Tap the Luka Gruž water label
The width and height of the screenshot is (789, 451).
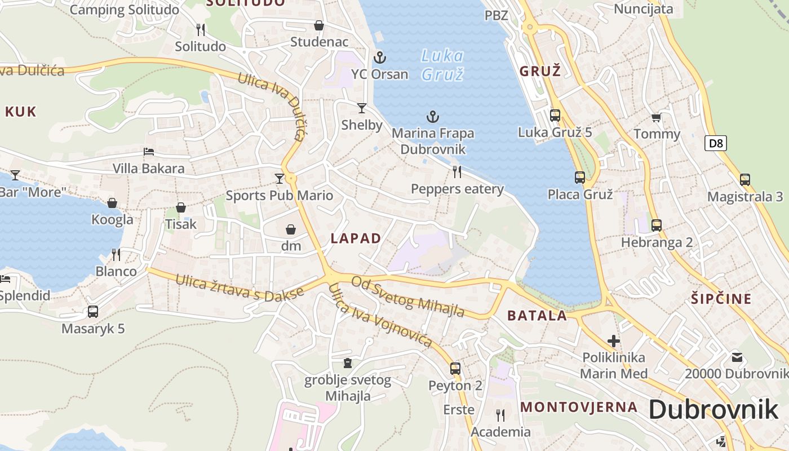tap(442, 65)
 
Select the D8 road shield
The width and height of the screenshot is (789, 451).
tap(715, 143)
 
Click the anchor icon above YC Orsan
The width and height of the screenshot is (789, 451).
tap(380, 57)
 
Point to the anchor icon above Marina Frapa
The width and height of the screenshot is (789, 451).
tap(433, 117)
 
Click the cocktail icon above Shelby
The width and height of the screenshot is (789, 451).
tap(362, 108)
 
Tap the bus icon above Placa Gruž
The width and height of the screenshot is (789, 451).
tap(580, 178)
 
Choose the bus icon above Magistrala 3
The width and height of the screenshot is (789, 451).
tap(745, 180)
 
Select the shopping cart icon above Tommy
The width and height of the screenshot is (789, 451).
tap(656, 117)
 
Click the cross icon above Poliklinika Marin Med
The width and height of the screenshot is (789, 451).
tap(614, 341)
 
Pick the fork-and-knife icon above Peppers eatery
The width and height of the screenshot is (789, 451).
tap(457, 172)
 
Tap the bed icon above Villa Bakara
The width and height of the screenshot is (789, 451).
tap(149, 152)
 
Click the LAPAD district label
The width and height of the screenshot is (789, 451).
tap(356, 238)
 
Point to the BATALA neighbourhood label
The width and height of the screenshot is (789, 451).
tap(537, 315)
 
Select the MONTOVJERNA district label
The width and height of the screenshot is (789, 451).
tap(579, 407)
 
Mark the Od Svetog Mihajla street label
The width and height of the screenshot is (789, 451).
tap(408, 296)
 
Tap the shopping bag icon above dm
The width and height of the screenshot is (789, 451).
tap(291, 229)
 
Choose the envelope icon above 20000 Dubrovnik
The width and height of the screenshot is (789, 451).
tap(737, 357)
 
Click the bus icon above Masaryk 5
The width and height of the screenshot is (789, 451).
tap(93, 312)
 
